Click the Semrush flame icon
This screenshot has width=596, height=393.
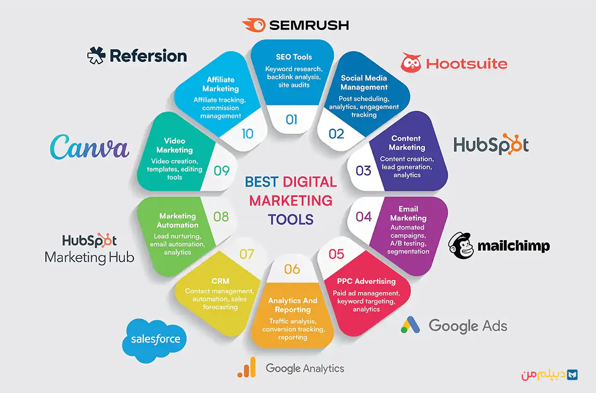254,25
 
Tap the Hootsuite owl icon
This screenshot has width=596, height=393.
411,63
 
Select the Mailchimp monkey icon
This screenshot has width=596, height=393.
461,245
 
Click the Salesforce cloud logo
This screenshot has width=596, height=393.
154,340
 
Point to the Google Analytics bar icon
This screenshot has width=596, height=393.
247,367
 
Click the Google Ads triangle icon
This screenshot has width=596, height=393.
410,325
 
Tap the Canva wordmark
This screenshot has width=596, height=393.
89,147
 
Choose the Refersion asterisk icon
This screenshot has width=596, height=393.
96,56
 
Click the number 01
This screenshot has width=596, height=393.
292,120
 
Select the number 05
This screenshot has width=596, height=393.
336,254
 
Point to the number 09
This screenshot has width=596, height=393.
222,171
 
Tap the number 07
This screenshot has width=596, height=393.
247,254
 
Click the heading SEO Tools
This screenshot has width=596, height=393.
294,57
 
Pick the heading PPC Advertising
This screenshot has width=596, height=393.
366,281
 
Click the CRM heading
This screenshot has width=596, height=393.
221,281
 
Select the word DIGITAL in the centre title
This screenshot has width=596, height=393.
310,182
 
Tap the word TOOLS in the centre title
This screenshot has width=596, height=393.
291,219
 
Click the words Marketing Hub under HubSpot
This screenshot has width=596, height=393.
89,257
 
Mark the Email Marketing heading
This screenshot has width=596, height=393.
408,214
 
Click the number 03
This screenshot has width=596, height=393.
364,171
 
